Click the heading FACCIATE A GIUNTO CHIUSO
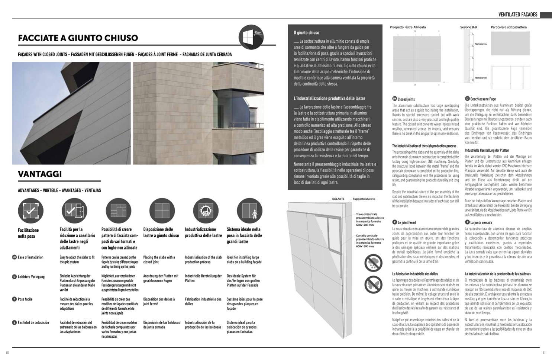[78, 38]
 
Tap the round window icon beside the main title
[251, 37]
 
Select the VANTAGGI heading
[40, 174]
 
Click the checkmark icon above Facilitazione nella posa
[30, 211]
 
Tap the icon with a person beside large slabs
[249, 211]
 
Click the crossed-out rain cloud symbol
[373, 263]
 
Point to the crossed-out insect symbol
[373, 285]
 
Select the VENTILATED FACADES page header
[518, 15]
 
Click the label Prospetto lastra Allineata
[408, 27]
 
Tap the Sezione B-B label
[468, 27]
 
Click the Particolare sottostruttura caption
[509, 27]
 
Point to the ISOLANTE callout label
[338, 199]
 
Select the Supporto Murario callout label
[364, 199]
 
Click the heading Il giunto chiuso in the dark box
[306, 33]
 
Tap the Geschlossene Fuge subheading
[483, 99]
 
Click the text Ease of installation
[30, 257]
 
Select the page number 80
[7, 353]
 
